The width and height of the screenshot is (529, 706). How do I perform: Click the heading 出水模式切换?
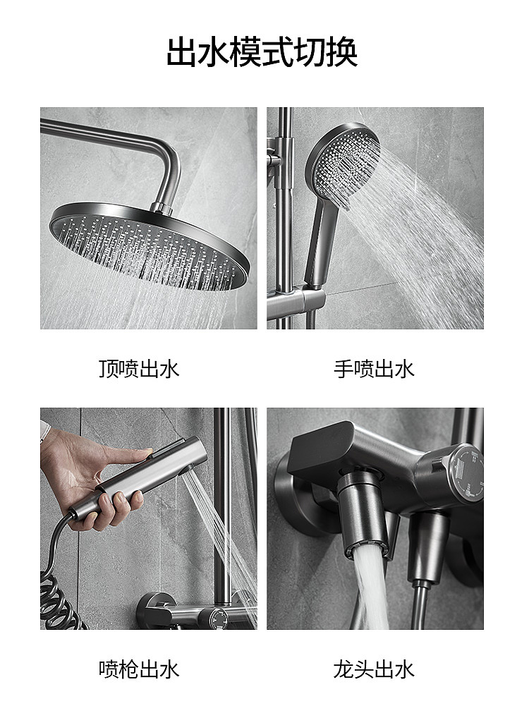coord(262,53)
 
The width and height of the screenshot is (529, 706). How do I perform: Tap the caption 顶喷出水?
coord(139,369)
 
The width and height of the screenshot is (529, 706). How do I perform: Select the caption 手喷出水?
coord(374,369)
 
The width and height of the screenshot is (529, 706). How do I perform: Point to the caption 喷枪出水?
coord(139,669)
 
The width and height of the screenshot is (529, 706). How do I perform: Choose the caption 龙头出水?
coord(374,669)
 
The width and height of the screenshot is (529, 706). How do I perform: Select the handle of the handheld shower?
coord(319,240)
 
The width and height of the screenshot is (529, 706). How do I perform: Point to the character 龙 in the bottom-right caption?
coord(343,669)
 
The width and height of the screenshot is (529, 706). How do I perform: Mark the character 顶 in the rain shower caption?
coord(109,369)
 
